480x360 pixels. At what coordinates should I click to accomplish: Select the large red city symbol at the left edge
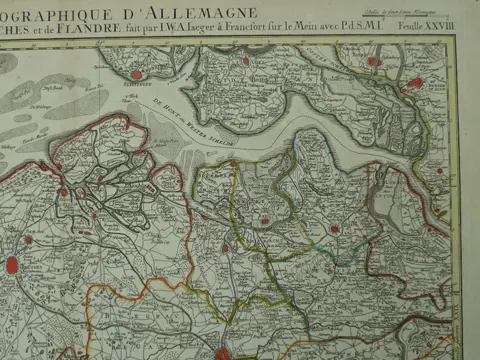tap(11, 265)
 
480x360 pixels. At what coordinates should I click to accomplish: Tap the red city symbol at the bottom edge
tap(224, 352)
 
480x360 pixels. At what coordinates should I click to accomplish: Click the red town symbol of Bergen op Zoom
tap(415, 83)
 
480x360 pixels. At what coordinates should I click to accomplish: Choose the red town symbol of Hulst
tap(335, 229)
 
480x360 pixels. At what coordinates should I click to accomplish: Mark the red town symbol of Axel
tap(264, 220)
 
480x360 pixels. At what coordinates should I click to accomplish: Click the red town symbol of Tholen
tap(373, 62)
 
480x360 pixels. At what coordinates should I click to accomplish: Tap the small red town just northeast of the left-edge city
tap(28, 239)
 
